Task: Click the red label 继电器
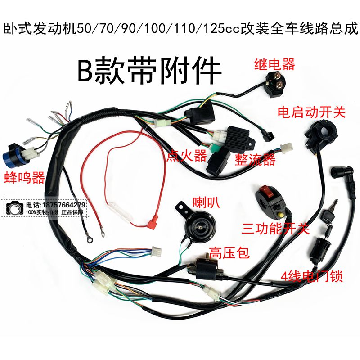point(274,64)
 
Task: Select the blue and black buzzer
point(16,156)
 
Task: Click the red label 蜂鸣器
point(24,178)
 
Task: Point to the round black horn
point(200,225)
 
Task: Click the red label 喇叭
point(206,202)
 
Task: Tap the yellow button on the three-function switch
point(280,216)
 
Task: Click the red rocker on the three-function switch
point(266,192)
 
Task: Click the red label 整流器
point(255,160)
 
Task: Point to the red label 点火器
point(186,156)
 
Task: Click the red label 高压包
point(229,253)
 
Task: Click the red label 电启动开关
point(311,113)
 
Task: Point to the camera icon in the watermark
point(14,208)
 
